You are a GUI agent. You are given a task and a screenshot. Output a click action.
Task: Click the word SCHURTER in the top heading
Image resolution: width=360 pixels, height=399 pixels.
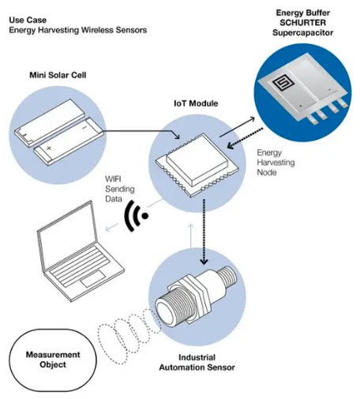(302, 23)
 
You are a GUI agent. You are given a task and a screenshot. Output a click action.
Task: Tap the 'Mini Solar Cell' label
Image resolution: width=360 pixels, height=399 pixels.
(58, 75)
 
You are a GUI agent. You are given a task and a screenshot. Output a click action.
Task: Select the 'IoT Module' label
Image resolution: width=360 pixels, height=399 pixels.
(196, 104)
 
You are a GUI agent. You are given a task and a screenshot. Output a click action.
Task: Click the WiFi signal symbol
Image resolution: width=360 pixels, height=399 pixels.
(136, 216)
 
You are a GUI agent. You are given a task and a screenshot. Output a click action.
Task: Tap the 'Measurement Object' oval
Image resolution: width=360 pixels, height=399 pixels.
(53, 360)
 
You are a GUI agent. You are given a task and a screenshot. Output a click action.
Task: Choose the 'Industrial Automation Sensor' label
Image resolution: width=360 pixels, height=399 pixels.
(197, 363)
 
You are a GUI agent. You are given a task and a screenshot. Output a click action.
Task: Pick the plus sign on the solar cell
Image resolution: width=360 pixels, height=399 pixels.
(49, 148)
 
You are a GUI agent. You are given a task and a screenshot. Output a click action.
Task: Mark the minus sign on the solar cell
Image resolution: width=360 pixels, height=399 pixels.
(84, 128)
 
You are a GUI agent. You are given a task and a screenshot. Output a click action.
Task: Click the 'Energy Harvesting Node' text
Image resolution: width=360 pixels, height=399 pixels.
(276, 163)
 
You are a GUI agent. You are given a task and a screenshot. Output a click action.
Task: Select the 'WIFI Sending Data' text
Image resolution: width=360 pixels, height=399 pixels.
(120, 189)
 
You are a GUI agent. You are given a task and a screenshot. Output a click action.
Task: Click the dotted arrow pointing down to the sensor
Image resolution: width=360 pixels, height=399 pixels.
(204, 231)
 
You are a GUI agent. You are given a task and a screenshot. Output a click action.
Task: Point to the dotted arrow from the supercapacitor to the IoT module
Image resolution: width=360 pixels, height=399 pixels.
(245, 138)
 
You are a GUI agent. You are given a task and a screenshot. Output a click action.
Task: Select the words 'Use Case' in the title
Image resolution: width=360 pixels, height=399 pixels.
(28, 20)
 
